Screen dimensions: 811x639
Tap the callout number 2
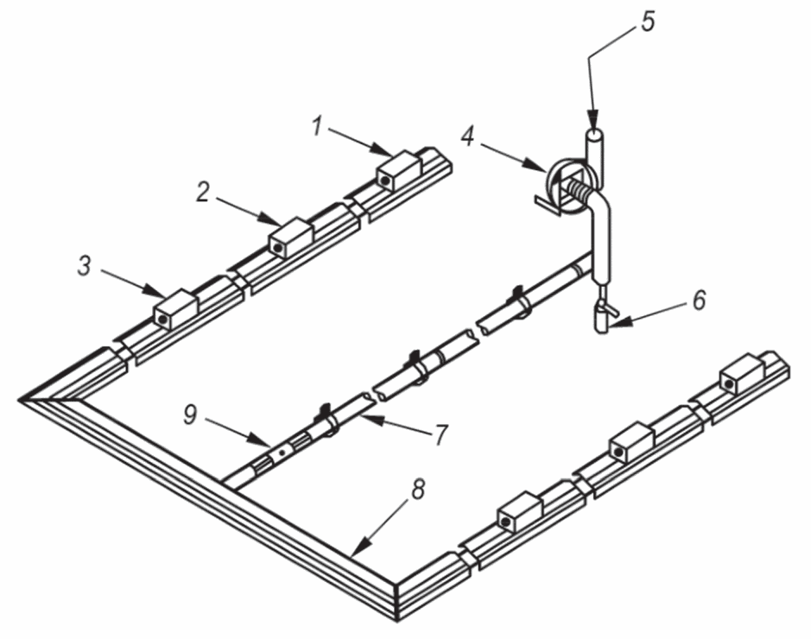point(203,192)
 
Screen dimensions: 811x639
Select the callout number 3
point(85,266)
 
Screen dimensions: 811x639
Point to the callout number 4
point(467,137)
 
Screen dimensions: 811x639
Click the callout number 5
point(648,22)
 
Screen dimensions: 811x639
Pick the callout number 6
point(699,300)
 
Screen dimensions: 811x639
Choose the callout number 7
point(440,434)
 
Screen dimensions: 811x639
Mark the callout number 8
point(418,489)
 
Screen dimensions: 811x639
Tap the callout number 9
point(191,414)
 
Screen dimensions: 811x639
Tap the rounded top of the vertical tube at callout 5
point(595,135)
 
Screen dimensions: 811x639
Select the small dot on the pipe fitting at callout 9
point(282,452)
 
